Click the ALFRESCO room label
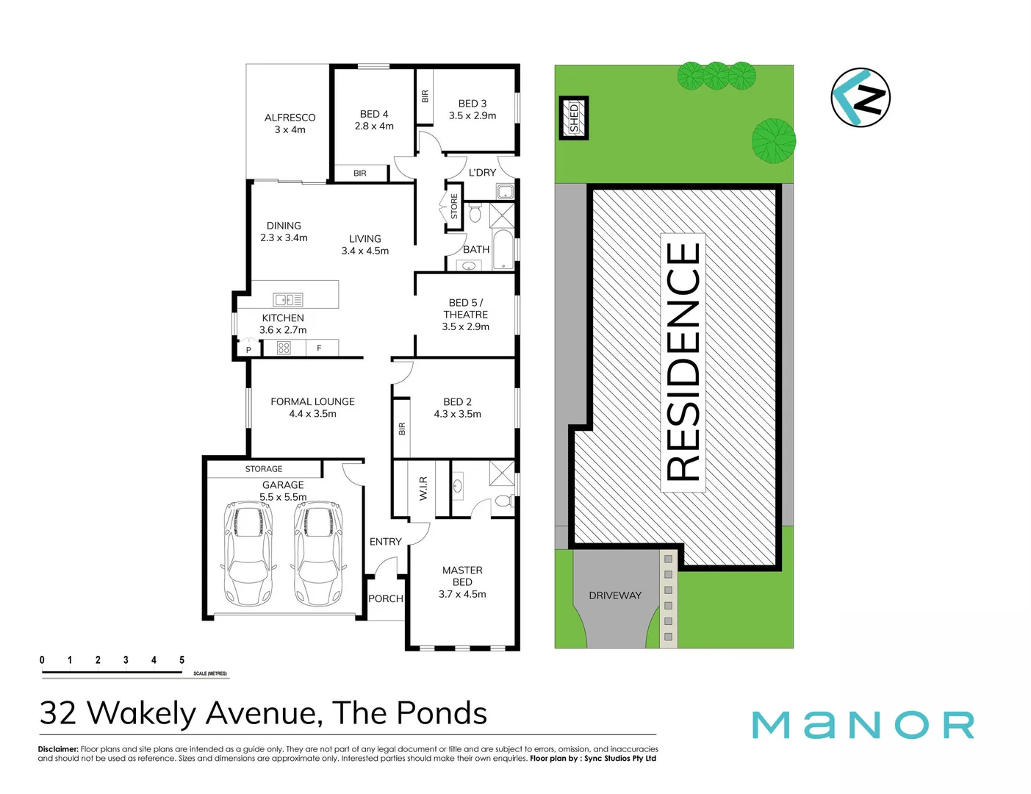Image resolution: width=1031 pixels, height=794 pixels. coord(290,118)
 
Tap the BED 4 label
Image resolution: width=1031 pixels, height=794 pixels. coord(374,114)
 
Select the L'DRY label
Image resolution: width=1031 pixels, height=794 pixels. coord(482,173)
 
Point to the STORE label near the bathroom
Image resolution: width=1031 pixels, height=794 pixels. coord(454,207)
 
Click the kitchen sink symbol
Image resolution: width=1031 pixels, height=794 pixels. coord(288,299)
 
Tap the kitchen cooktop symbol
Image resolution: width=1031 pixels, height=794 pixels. coord(284,348)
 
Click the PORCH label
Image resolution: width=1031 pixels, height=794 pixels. coord(386,598)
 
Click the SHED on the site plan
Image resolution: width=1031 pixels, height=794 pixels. coord(574,118)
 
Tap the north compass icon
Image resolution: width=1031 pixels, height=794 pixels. coord(861,97)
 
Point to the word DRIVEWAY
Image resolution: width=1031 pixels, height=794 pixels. coord(615,595)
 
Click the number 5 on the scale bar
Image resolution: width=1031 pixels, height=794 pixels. coord(182,660)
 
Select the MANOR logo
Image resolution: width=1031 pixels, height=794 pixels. coord(863,725)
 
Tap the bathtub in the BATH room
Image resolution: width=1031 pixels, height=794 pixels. coord(504,250)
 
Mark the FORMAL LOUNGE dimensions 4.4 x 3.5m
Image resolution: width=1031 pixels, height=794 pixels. coord(312,414)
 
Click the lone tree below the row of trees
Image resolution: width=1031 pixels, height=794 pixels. coord(773,140)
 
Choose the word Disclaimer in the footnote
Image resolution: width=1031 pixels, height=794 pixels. coord(58,749)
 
